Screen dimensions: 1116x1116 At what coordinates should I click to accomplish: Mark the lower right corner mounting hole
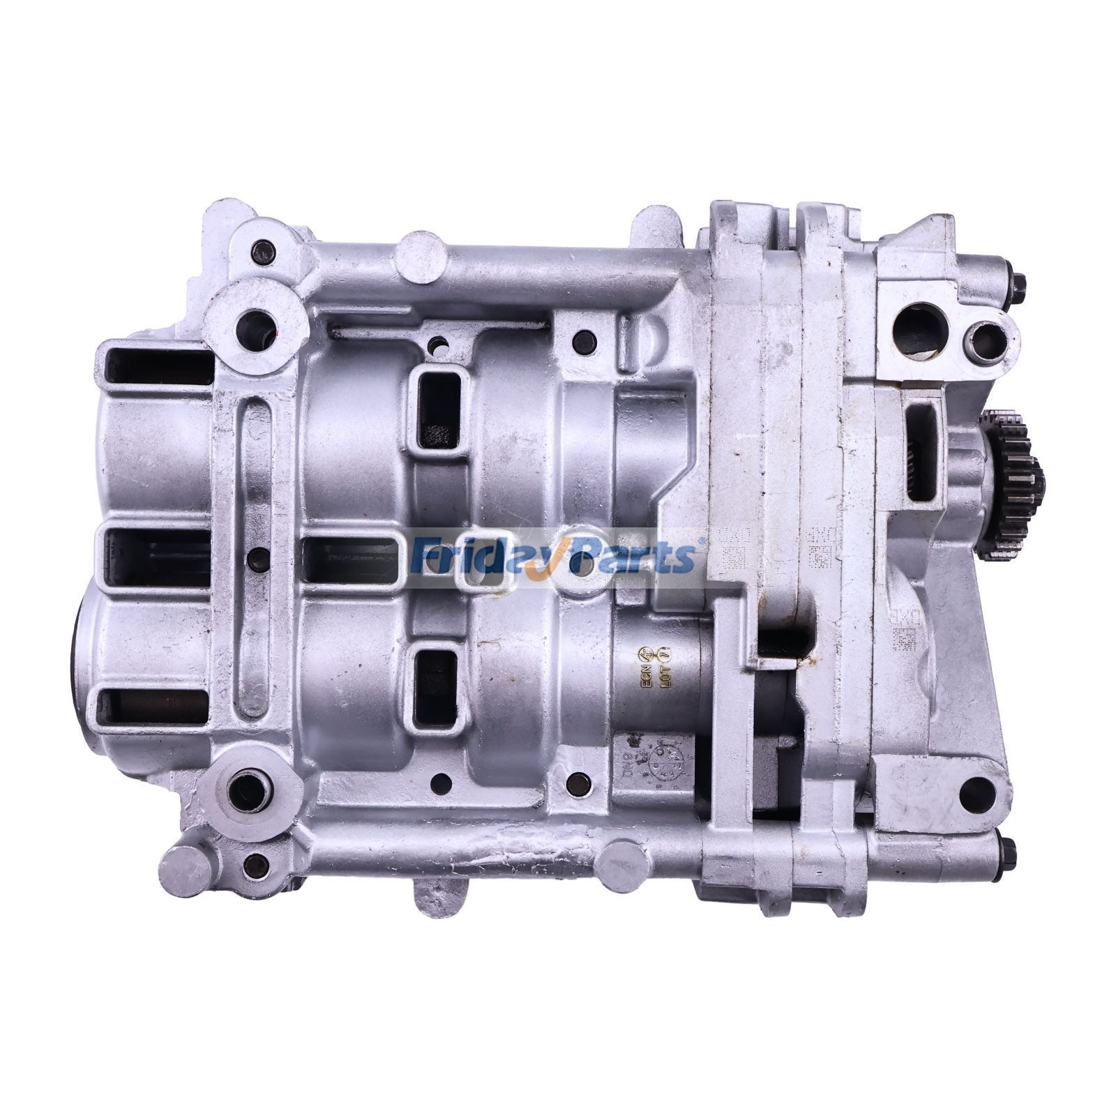(x=976, y=790)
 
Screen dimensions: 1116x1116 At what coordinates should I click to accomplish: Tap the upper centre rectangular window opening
(x=437, y=408)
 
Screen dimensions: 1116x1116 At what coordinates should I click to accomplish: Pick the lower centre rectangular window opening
(x=435, y=687)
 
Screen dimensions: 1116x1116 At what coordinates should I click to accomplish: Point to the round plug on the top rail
(x=421, y=257)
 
